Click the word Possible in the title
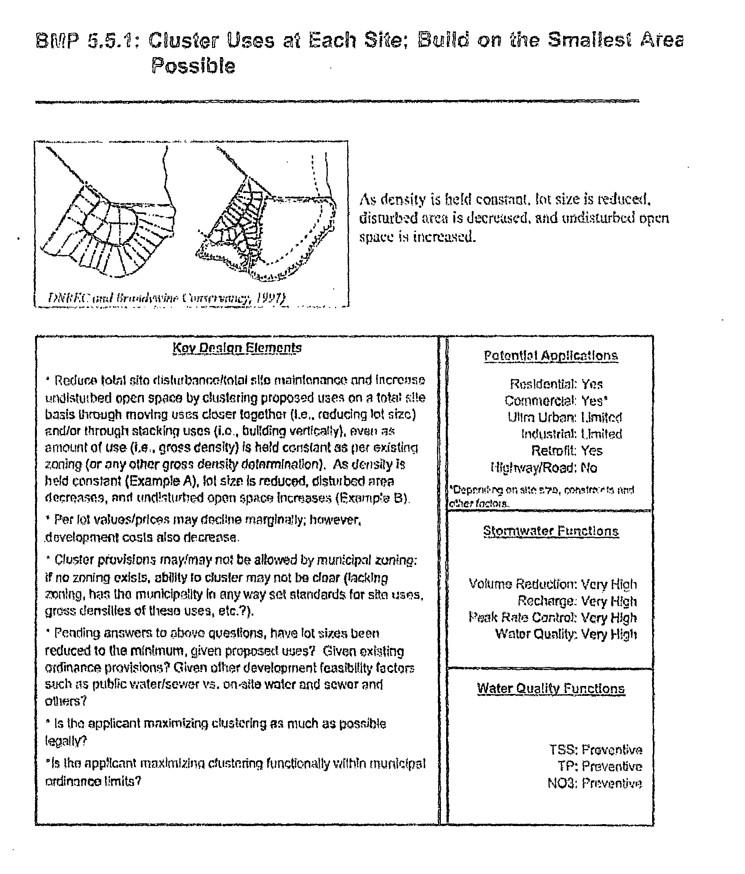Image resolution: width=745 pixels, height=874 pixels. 193,66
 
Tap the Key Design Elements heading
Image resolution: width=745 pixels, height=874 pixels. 237,348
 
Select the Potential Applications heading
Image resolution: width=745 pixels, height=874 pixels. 550,356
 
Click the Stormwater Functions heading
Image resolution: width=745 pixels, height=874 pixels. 550,531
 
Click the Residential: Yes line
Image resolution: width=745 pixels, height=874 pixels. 556,384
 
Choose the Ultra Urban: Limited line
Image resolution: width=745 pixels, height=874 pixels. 565,417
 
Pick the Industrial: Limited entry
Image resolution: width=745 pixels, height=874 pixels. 571,434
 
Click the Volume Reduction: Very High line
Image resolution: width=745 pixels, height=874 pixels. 552,584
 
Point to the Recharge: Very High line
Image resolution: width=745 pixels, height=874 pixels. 577,601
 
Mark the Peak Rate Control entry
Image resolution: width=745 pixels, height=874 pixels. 552,617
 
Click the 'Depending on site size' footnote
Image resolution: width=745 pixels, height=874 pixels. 541,496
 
